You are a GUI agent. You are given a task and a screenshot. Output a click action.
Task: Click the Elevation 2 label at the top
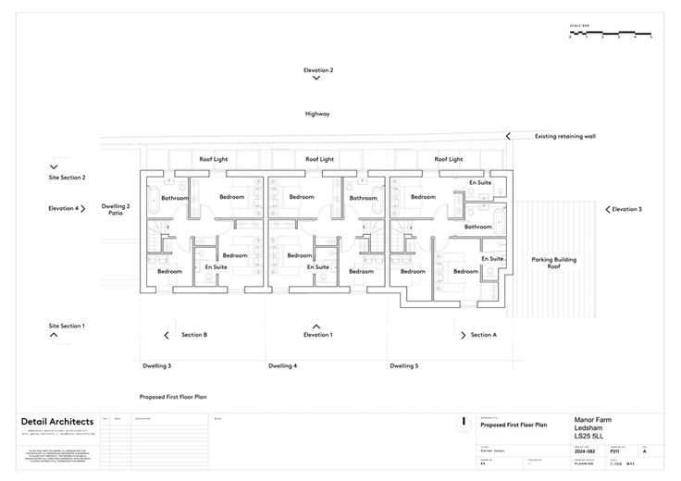click(317, 70)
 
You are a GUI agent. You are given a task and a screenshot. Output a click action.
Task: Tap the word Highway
click(317, 114)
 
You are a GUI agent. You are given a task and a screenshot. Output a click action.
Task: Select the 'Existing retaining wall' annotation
click(565, 136)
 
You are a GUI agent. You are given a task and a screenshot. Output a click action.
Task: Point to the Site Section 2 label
click(67, 177)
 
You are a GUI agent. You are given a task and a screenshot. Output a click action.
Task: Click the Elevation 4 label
click(64, 209)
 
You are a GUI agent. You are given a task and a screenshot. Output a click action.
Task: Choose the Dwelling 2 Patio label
click(116, 210)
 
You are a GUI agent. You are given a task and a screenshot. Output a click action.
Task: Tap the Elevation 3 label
click(626, 209)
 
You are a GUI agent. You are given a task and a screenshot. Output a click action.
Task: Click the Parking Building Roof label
click(553, 263)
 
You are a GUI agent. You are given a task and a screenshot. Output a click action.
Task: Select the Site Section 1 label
click(67, 326)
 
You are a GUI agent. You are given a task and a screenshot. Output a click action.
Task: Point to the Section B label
click(193, 334)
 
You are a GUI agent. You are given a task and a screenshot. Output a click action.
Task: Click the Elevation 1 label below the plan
click(317, 334)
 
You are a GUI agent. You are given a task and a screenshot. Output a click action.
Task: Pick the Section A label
click(483, 334)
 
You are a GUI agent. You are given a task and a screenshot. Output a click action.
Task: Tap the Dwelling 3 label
click(156, 366)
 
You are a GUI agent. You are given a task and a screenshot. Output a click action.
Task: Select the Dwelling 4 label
click(282, 366)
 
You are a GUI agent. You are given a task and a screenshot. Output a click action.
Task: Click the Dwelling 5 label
click(403, 366)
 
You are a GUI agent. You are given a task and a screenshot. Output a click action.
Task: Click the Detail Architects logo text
click(51, 422)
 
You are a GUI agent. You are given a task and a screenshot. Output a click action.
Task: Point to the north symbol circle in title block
click(462, 424)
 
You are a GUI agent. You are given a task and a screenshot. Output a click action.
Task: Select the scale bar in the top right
click(610, 36)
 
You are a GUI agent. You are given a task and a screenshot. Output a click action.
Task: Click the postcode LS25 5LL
click(588, 437)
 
